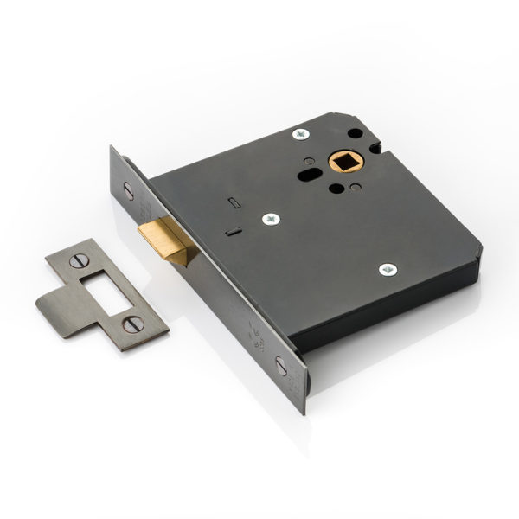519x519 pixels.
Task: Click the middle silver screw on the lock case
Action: pyautogui.click(x=272, y=219)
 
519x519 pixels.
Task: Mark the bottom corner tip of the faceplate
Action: pyautogui.click(x=304, y=414)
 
